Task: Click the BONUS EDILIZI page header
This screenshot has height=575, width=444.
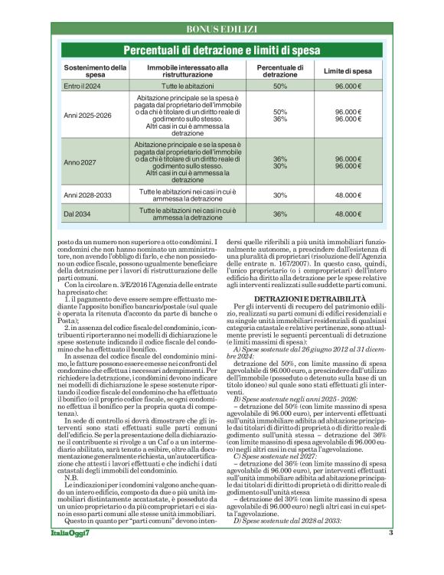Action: [222, 29]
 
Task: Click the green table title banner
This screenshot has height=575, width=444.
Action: [222, 51]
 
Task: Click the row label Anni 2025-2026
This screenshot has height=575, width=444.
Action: [87, 116]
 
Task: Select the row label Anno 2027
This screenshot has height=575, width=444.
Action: [80, 162]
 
